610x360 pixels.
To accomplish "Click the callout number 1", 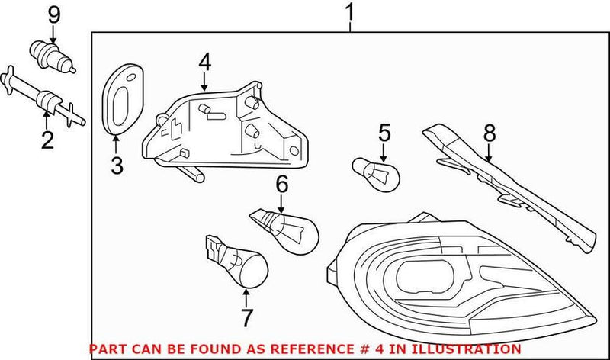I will tap(350, 13).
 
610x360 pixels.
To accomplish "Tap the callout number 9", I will tap(53, 13).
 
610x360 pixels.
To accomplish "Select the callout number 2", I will tap(47, 140).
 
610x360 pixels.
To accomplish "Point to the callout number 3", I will tap(116, 164).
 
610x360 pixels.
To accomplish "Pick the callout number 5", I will tap(384, 134).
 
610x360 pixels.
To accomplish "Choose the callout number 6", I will tap(281, 183).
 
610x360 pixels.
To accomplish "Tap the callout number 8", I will tap(489, 134).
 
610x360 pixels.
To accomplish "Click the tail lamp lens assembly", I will tap(457, 282).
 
